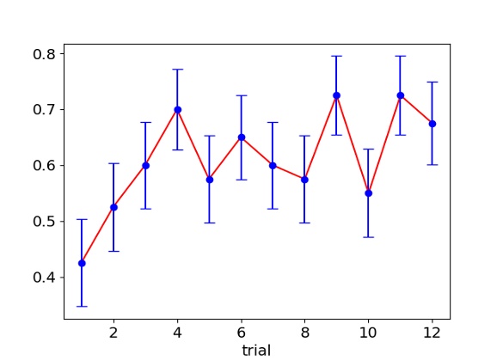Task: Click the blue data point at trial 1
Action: [x=82, y=263]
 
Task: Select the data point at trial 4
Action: [x=177, y=109]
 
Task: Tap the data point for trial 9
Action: [x=336, y=95]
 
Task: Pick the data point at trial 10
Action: [x=368, y=192]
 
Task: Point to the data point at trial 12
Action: [x=432, y=124]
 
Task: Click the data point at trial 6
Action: [x=241, y=137]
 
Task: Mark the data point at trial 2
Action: [x=113, y=207]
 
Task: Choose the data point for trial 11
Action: [x=400, y=95]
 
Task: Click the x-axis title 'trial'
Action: [x=257, y=350]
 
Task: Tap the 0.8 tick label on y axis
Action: [x=42, y=54]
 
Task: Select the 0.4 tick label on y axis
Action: [x=42, y=278]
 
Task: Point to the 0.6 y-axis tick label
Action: [x=42, y=166]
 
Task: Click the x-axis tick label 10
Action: [x=368, y=332]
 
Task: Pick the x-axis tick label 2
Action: [x=113, y=332]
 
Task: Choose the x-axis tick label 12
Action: [x=432, y=332]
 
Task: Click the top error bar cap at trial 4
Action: [x=177, y=70]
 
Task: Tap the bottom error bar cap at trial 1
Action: [x=82, y=306]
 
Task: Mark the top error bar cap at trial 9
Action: [x=336, y=56]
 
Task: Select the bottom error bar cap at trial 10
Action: [x=368, y=236]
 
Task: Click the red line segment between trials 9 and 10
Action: [x=353, y=144]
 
